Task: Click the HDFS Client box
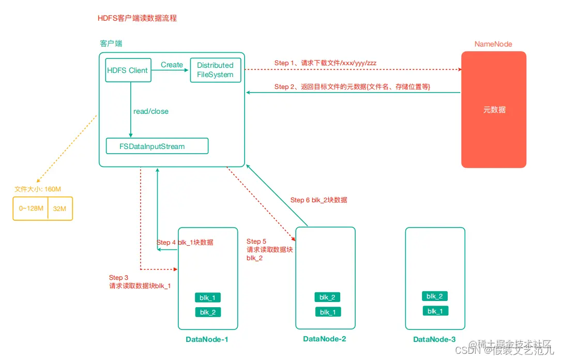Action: [x=128, y=70]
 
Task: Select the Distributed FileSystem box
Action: [x=215, y=70]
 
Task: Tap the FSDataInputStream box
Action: [x=157, y=146]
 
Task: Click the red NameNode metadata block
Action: [x=494, y=110]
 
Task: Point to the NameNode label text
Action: [x=493, y=44]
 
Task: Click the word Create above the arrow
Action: [x=172, y=65]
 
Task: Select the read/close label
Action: [x=151, y=111]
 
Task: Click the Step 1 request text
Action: [x=325, y=63]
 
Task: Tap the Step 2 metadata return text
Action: [x=352, y=86]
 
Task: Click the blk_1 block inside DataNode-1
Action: [x=208, y=297]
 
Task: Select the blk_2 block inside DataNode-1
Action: [x=208, y=312]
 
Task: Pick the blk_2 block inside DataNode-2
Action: [x=327, y=297]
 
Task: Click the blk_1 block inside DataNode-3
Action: [x=435, y=311]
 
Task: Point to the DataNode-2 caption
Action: [x=324, y=339]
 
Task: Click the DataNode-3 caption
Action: [x=434, y=339]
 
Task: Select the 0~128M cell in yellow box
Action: [x=30, y=208]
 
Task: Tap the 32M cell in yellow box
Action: [x=60, y=208]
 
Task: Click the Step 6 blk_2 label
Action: [x=318, y=200]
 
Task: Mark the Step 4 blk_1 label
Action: [x=185, y=242]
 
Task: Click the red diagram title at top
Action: [x=137, y=18]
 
